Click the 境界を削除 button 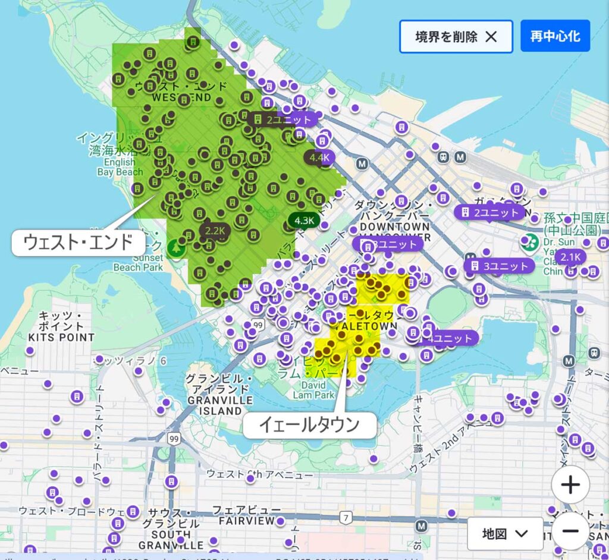coord(456,36)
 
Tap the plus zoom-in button coord(570,485)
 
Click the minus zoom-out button coord(570,530)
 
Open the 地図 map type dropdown coord(505,533)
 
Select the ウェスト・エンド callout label coord(79,243)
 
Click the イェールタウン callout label coord(309,424)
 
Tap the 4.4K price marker coord(319,158)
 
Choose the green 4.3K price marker coord(304,220)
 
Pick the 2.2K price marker coord(215,230)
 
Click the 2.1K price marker coord(570,257)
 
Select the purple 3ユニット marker coord(498,266)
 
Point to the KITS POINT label coord(61,337)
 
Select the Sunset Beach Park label coord(138,262)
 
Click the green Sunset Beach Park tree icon coord(175,248)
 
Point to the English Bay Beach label coord(120,167)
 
